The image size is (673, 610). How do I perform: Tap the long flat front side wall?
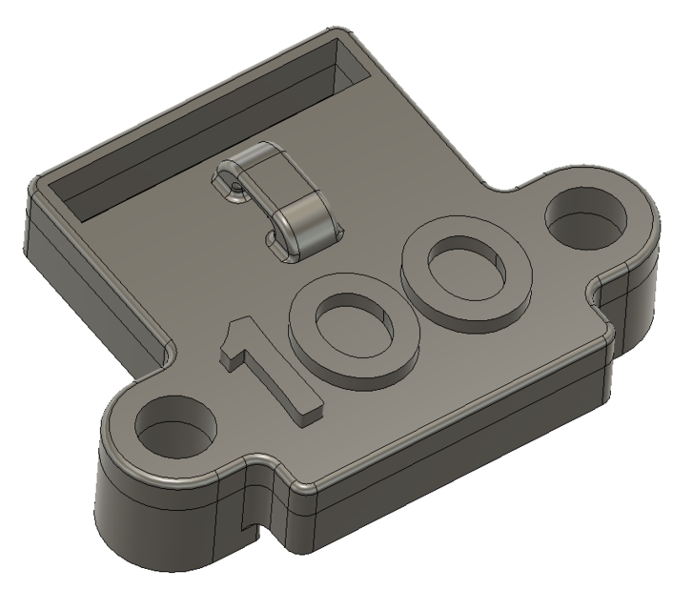[x=458, y=448]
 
